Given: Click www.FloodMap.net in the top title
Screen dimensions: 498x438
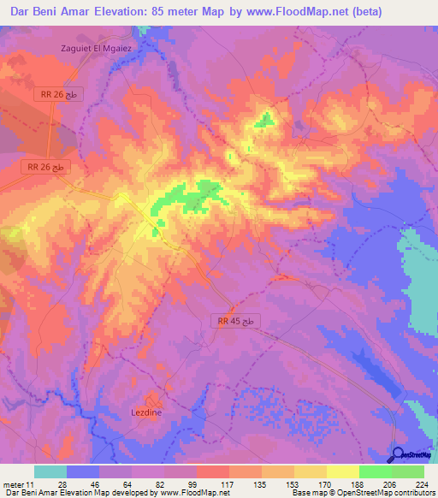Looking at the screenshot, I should pyautogui.click(x=291, y=12).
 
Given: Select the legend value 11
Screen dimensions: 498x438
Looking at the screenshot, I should pyautogui.click(x=30, y=483).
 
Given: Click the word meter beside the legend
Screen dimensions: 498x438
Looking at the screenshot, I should pyautogui.click(x=12, y=483).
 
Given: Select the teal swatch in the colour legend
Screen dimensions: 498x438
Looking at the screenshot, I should pyautogui.click(x=50, y=471).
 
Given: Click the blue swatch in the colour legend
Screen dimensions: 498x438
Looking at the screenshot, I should pyautogui.click(x=83, y=471).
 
